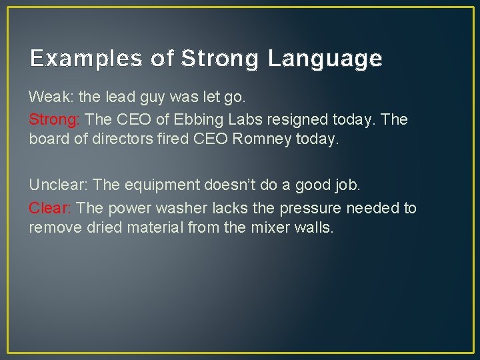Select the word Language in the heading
[x=325, y=59]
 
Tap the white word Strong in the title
[x=219, y=59]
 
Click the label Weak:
[x=51, y=97]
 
